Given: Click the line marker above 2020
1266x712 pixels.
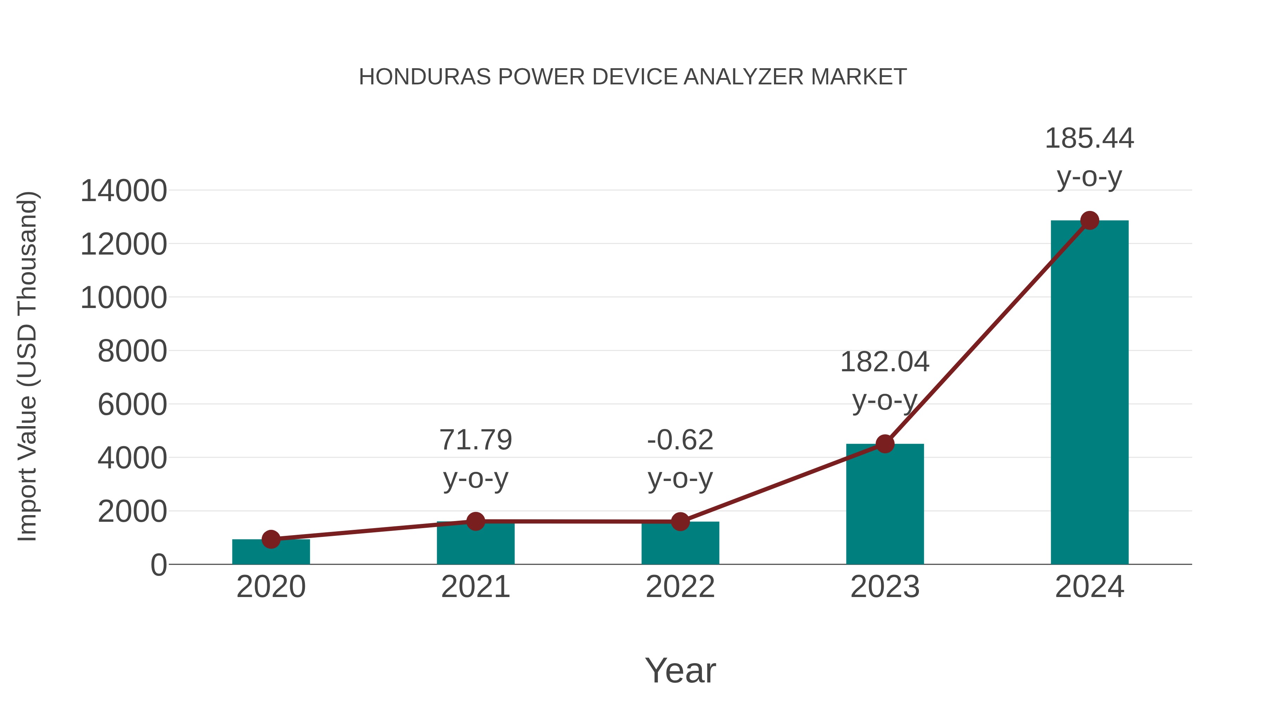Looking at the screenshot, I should tap(271, 539).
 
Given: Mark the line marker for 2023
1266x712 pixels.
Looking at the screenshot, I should tap(885, 444).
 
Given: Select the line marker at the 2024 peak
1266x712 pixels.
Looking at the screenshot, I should tap(1089, 220).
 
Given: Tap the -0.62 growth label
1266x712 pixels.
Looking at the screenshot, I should tap(680, 440).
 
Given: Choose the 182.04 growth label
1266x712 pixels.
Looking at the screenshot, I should tap(885, 362).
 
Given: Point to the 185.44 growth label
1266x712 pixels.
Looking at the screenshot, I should tap(1089, 138).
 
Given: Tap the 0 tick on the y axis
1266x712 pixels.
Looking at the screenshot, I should tap(159, 565).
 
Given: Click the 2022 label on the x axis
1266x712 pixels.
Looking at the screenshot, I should tap(680, 587).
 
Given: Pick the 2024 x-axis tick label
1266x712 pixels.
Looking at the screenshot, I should tap(1089, 587).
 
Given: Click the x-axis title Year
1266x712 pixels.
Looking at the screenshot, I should tap(680, 670).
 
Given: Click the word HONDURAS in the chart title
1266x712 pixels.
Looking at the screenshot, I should tap(424, 77).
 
